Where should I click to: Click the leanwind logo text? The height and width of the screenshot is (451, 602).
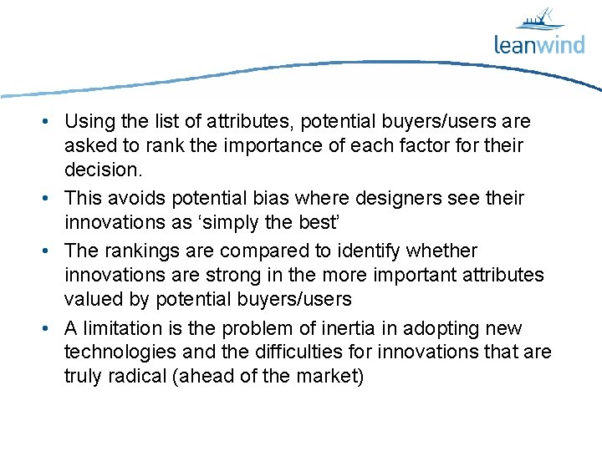(x=538, y=43)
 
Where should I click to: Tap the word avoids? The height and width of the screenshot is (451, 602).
(x=135, y=198)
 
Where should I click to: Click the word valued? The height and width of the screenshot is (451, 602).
(x=90, y=298)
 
